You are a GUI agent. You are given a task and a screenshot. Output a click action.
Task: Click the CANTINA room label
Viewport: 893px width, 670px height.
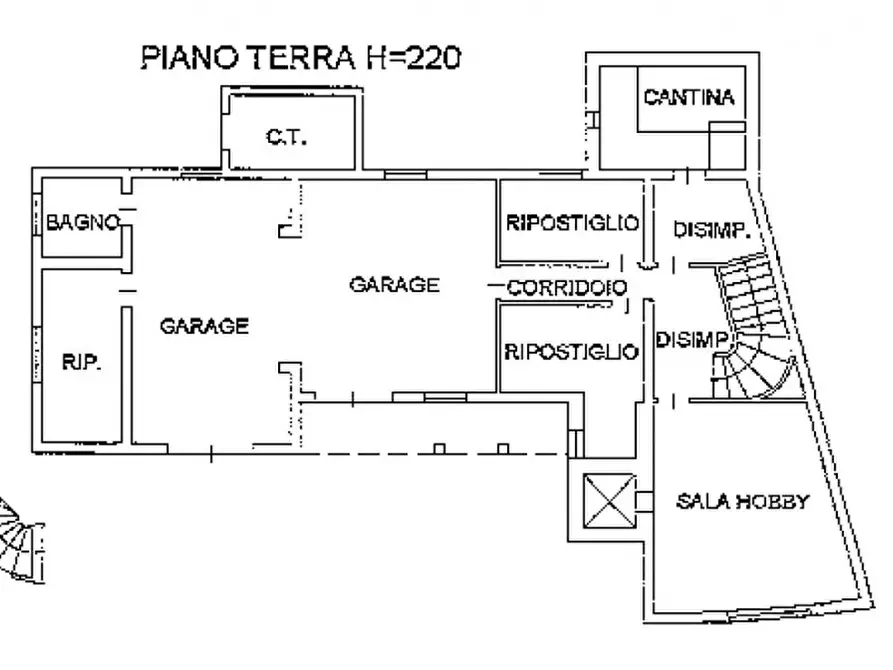tap(689, 97)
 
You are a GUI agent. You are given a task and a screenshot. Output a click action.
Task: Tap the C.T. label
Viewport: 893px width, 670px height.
tap(286, 137)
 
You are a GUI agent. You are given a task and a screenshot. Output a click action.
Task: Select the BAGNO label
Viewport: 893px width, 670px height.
tap(83, 222)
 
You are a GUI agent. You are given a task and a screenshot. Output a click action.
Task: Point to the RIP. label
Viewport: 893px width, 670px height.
tap(81, 362)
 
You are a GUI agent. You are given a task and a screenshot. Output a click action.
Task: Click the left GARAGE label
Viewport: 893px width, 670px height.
tap(204, 325)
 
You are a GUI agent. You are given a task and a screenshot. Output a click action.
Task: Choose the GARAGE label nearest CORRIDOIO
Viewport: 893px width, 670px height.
tap(393, 284)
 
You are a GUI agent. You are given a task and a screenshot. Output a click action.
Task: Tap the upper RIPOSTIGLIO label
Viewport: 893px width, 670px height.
tap(571, 222)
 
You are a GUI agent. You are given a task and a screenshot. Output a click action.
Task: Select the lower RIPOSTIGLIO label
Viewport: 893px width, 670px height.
tap(570, 351)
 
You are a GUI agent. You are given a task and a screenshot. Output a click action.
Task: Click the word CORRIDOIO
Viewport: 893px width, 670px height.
tap(567, 288)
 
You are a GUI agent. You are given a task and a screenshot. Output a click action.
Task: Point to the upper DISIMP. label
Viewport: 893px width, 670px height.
tap(711, 230)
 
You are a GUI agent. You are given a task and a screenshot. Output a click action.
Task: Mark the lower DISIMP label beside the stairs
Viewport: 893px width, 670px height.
tap(690, 339)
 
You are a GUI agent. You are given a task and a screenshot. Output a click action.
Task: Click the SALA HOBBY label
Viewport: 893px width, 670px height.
tap(742, 501)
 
